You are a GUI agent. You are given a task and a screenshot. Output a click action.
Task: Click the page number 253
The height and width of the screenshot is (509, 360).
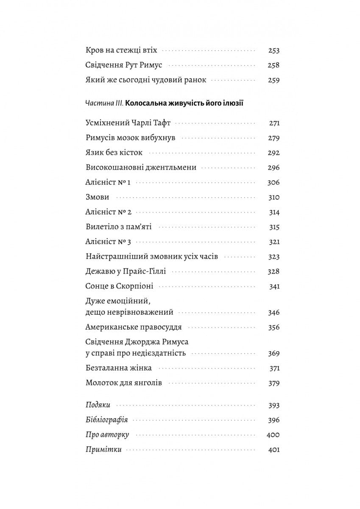(x=274, y=50)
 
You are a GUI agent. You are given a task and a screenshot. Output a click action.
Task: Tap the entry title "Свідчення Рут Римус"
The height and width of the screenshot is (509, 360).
(x=124, y=65)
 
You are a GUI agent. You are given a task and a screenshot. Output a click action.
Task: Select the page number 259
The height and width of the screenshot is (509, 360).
(x=274, y=80)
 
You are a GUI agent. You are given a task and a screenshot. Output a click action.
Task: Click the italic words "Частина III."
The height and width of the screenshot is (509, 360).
(x=104, y=103)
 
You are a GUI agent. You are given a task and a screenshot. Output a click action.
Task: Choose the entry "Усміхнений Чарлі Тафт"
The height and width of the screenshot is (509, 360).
(x=128, y=123)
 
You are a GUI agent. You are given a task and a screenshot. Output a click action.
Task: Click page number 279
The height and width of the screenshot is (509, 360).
(x=274, y=138)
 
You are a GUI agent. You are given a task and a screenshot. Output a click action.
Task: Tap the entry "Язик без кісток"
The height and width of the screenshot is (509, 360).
(x=114, y=153)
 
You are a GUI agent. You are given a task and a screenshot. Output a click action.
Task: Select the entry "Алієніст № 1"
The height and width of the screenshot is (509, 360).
(x=108, y=182)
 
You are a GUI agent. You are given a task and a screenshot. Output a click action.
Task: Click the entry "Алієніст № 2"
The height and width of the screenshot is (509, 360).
(x=109, y=212)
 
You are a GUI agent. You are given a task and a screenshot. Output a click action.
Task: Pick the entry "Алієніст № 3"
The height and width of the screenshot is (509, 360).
(x=109, y=242)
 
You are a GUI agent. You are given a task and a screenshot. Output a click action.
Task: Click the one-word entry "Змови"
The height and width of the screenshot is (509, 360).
(x=98, y=197)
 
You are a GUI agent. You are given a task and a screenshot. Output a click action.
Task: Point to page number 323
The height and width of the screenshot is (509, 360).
(x=274, y=257)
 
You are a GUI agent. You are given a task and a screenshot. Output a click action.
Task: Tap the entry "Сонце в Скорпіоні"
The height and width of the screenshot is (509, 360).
(x=119, y=286)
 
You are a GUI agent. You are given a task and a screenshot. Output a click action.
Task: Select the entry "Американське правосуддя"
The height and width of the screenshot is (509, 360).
(x=134, y=327)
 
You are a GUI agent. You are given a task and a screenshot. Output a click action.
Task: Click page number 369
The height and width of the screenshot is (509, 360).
(x=274, y=353)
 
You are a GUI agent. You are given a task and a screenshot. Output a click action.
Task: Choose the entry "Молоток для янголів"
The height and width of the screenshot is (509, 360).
(x=123, y=383)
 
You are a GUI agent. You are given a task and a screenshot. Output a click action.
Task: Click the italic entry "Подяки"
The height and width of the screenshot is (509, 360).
(x=98, y=405)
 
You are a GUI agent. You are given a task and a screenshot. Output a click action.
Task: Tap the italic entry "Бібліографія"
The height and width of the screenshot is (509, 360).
(x=106, y=420)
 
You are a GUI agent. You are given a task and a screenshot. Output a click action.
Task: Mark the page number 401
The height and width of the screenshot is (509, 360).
(x=274, y=450)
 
